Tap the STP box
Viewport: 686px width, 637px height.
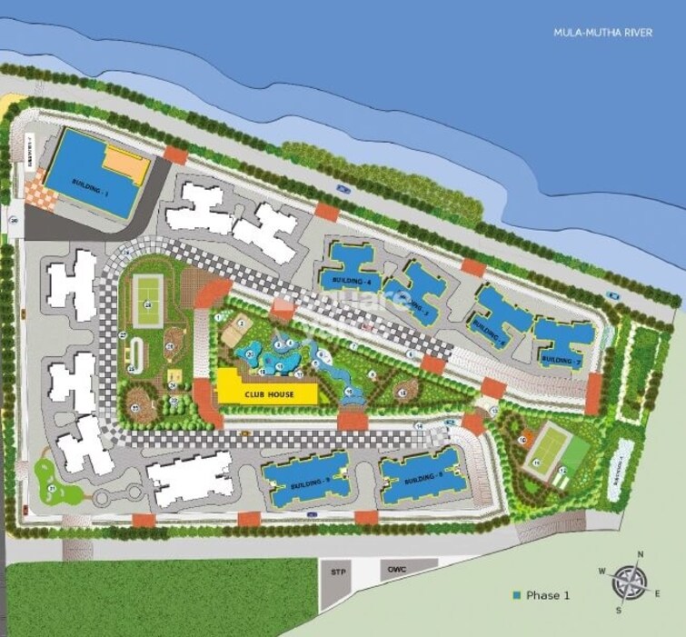[337, 572]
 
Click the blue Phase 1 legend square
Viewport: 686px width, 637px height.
[517, 595]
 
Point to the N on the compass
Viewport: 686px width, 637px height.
[641, 553]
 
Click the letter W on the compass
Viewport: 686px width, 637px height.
[601, 570]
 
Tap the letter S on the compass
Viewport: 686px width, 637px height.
[619, 611]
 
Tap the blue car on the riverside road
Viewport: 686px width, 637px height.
[342, 188]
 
